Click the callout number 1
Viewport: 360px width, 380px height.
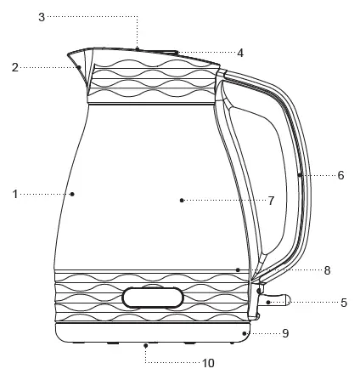point(15,194)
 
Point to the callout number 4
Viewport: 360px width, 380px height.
point(240,53)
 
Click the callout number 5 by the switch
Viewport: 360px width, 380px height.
point(343,302)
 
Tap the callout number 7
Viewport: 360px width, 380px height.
point(271,201)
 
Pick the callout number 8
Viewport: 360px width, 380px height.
point(327,270)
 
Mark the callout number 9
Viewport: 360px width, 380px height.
point(285,334)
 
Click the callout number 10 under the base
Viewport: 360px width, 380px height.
point(207,362)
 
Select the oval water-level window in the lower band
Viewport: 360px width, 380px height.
point(153,297)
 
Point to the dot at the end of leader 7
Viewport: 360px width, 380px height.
point(182,201)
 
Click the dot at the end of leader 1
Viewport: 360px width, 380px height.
point(72,194)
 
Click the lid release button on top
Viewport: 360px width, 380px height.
point(138,49)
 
